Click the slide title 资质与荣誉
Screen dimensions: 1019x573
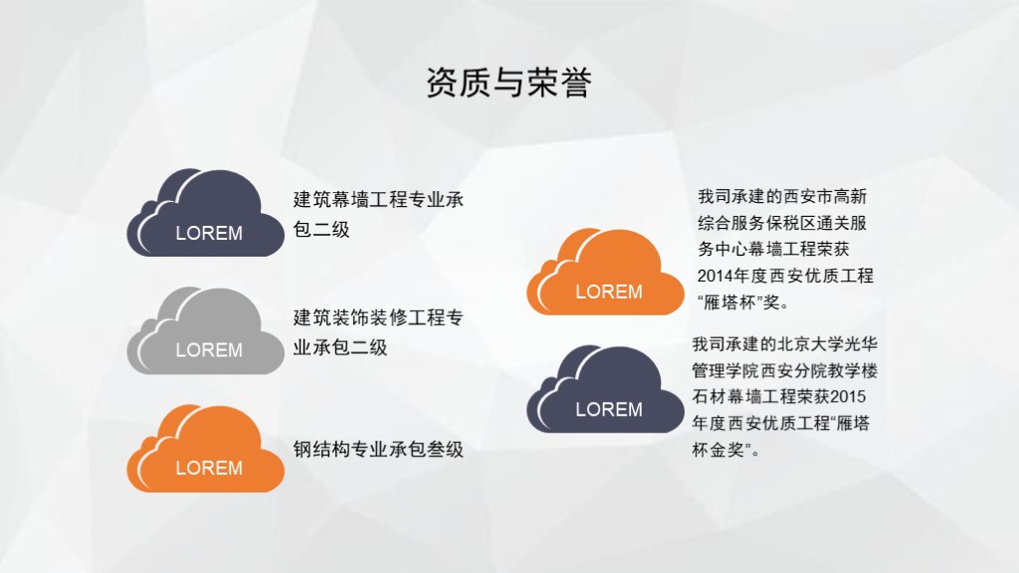[509, 84]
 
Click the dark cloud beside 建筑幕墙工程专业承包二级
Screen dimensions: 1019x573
[205, 213]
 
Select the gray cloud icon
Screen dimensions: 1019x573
[205, 330]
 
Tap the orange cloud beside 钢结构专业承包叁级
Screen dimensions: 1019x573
[205, 449]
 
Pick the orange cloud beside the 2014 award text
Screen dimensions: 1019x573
[605, 272]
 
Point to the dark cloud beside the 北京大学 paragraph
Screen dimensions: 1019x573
[605, 389]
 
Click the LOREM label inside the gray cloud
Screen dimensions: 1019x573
[209, 350]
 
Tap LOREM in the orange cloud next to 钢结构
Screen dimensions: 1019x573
[209, 468]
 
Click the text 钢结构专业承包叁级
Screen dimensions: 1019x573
[378, 449]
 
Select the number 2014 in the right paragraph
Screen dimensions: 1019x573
[714, 277]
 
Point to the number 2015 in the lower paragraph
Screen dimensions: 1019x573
[848, 396]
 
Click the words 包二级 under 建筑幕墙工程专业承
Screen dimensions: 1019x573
[321, 229]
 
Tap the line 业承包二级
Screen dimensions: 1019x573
[340, 347]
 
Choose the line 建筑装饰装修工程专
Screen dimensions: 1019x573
[378, 317]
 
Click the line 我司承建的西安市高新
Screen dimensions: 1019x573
[782, 196]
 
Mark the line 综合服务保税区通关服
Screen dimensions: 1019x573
[782, 223]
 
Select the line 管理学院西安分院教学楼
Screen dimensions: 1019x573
[785, 370]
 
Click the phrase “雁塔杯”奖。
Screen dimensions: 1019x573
[743, 302]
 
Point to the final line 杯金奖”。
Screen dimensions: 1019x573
[725, 450]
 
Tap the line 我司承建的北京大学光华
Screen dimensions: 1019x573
[785, 343]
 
